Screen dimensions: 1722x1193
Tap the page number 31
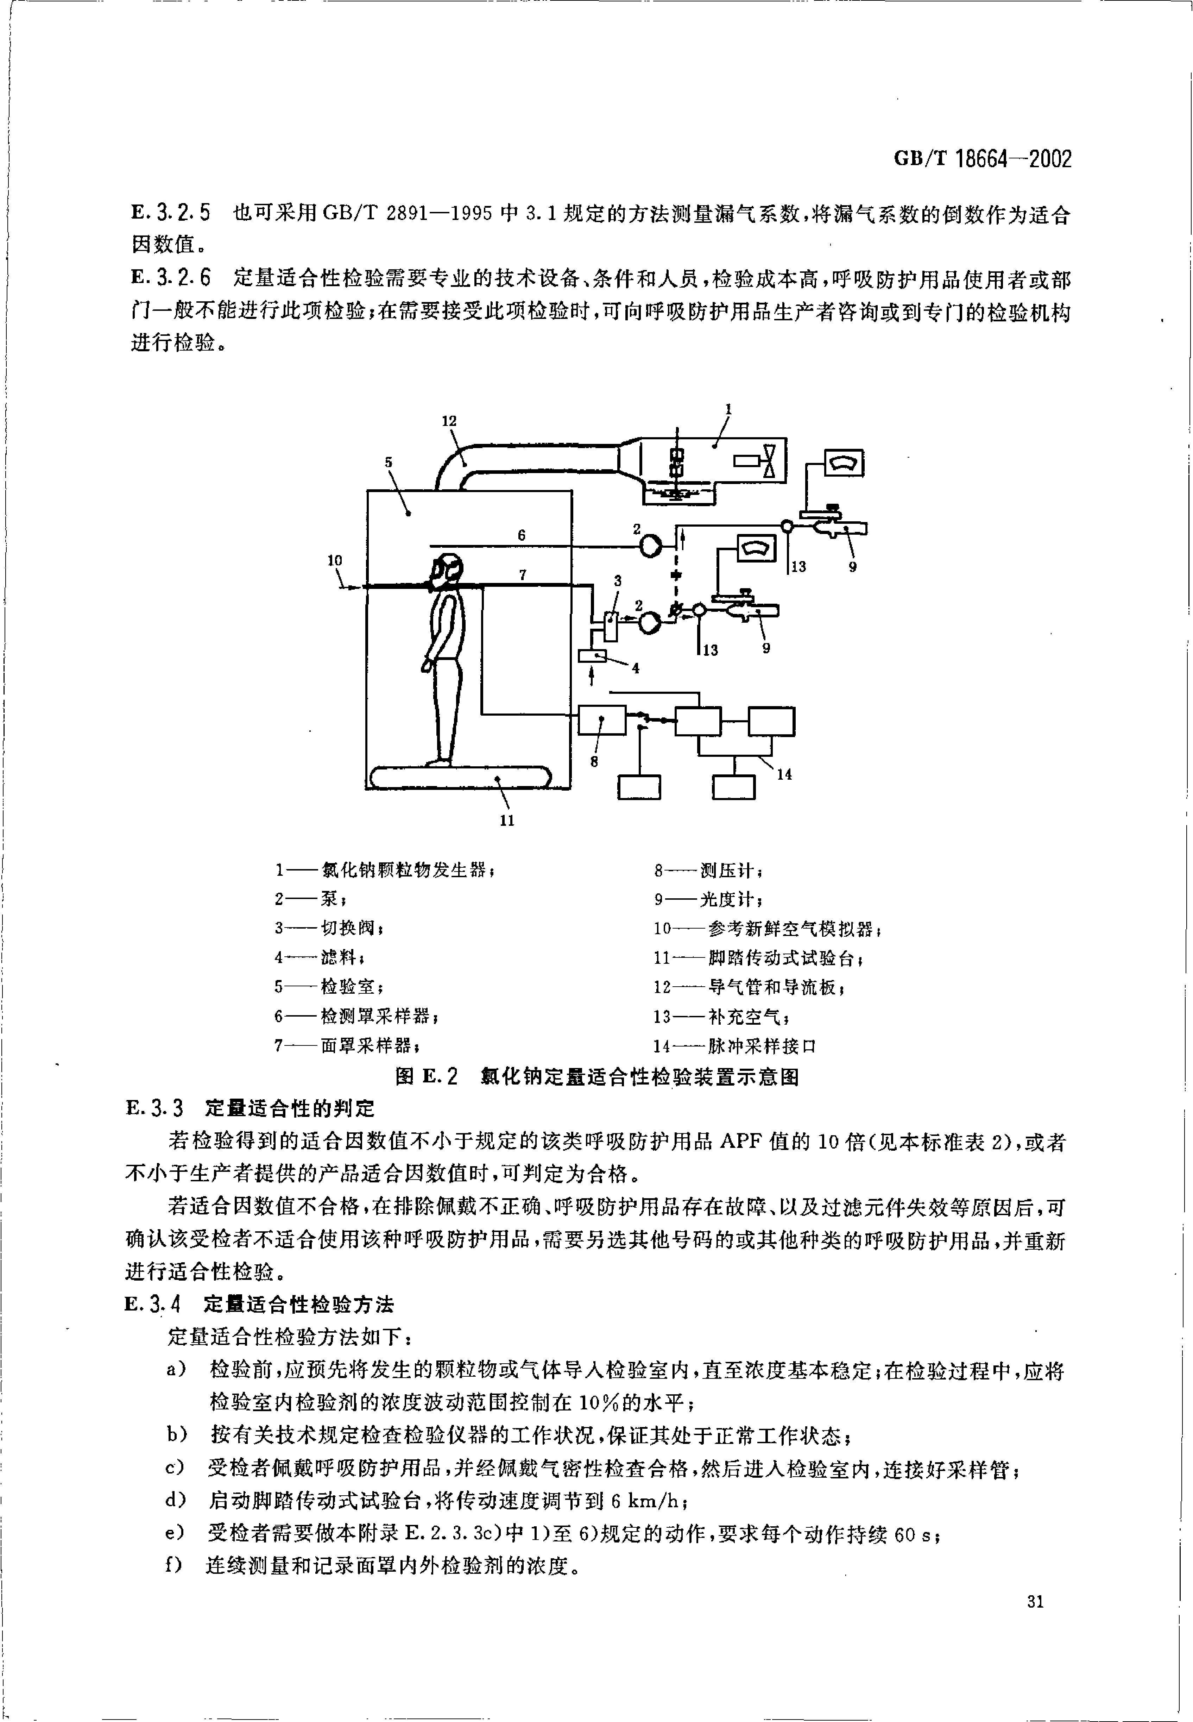pos(1035,1622)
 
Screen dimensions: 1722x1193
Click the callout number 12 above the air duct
pos(448,421)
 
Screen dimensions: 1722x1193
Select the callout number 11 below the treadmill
pos(507,820)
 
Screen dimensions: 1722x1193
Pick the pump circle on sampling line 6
pos(650,547)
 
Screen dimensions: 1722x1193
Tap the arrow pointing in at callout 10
pos(350,587)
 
